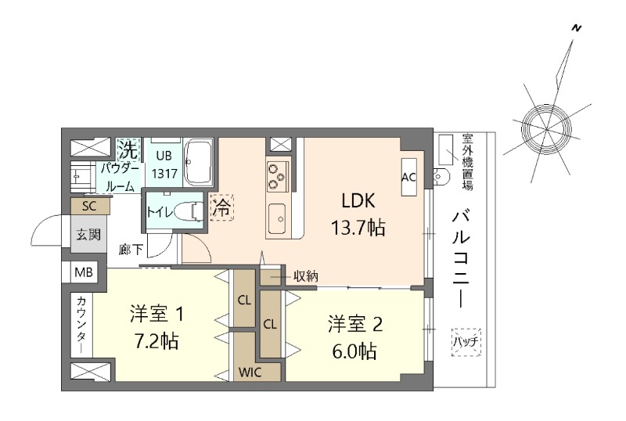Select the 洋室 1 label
pyautogui.click(x=156, y=315)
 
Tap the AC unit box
pyautogui.click(x=408, y=177)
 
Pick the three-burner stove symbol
pyautogui.click(x=277, y=175)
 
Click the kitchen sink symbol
pyautogui.click(x=277, y=218)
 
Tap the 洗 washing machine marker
pyautogui.click(x=127, y=148)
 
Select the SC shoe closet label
pyautogui.click(x=88, y=207)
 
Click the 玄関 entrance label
pyautogui.click(x=88, y=234)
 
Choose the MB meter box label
pyautogui.click(x=84, y=272)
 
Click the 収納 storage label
pyautogui.click(x=305, y=275)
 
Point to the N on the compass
pyautogui.click(x=577, y=28)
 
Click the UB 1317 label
pyautogui.click(x=163, y=164)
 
